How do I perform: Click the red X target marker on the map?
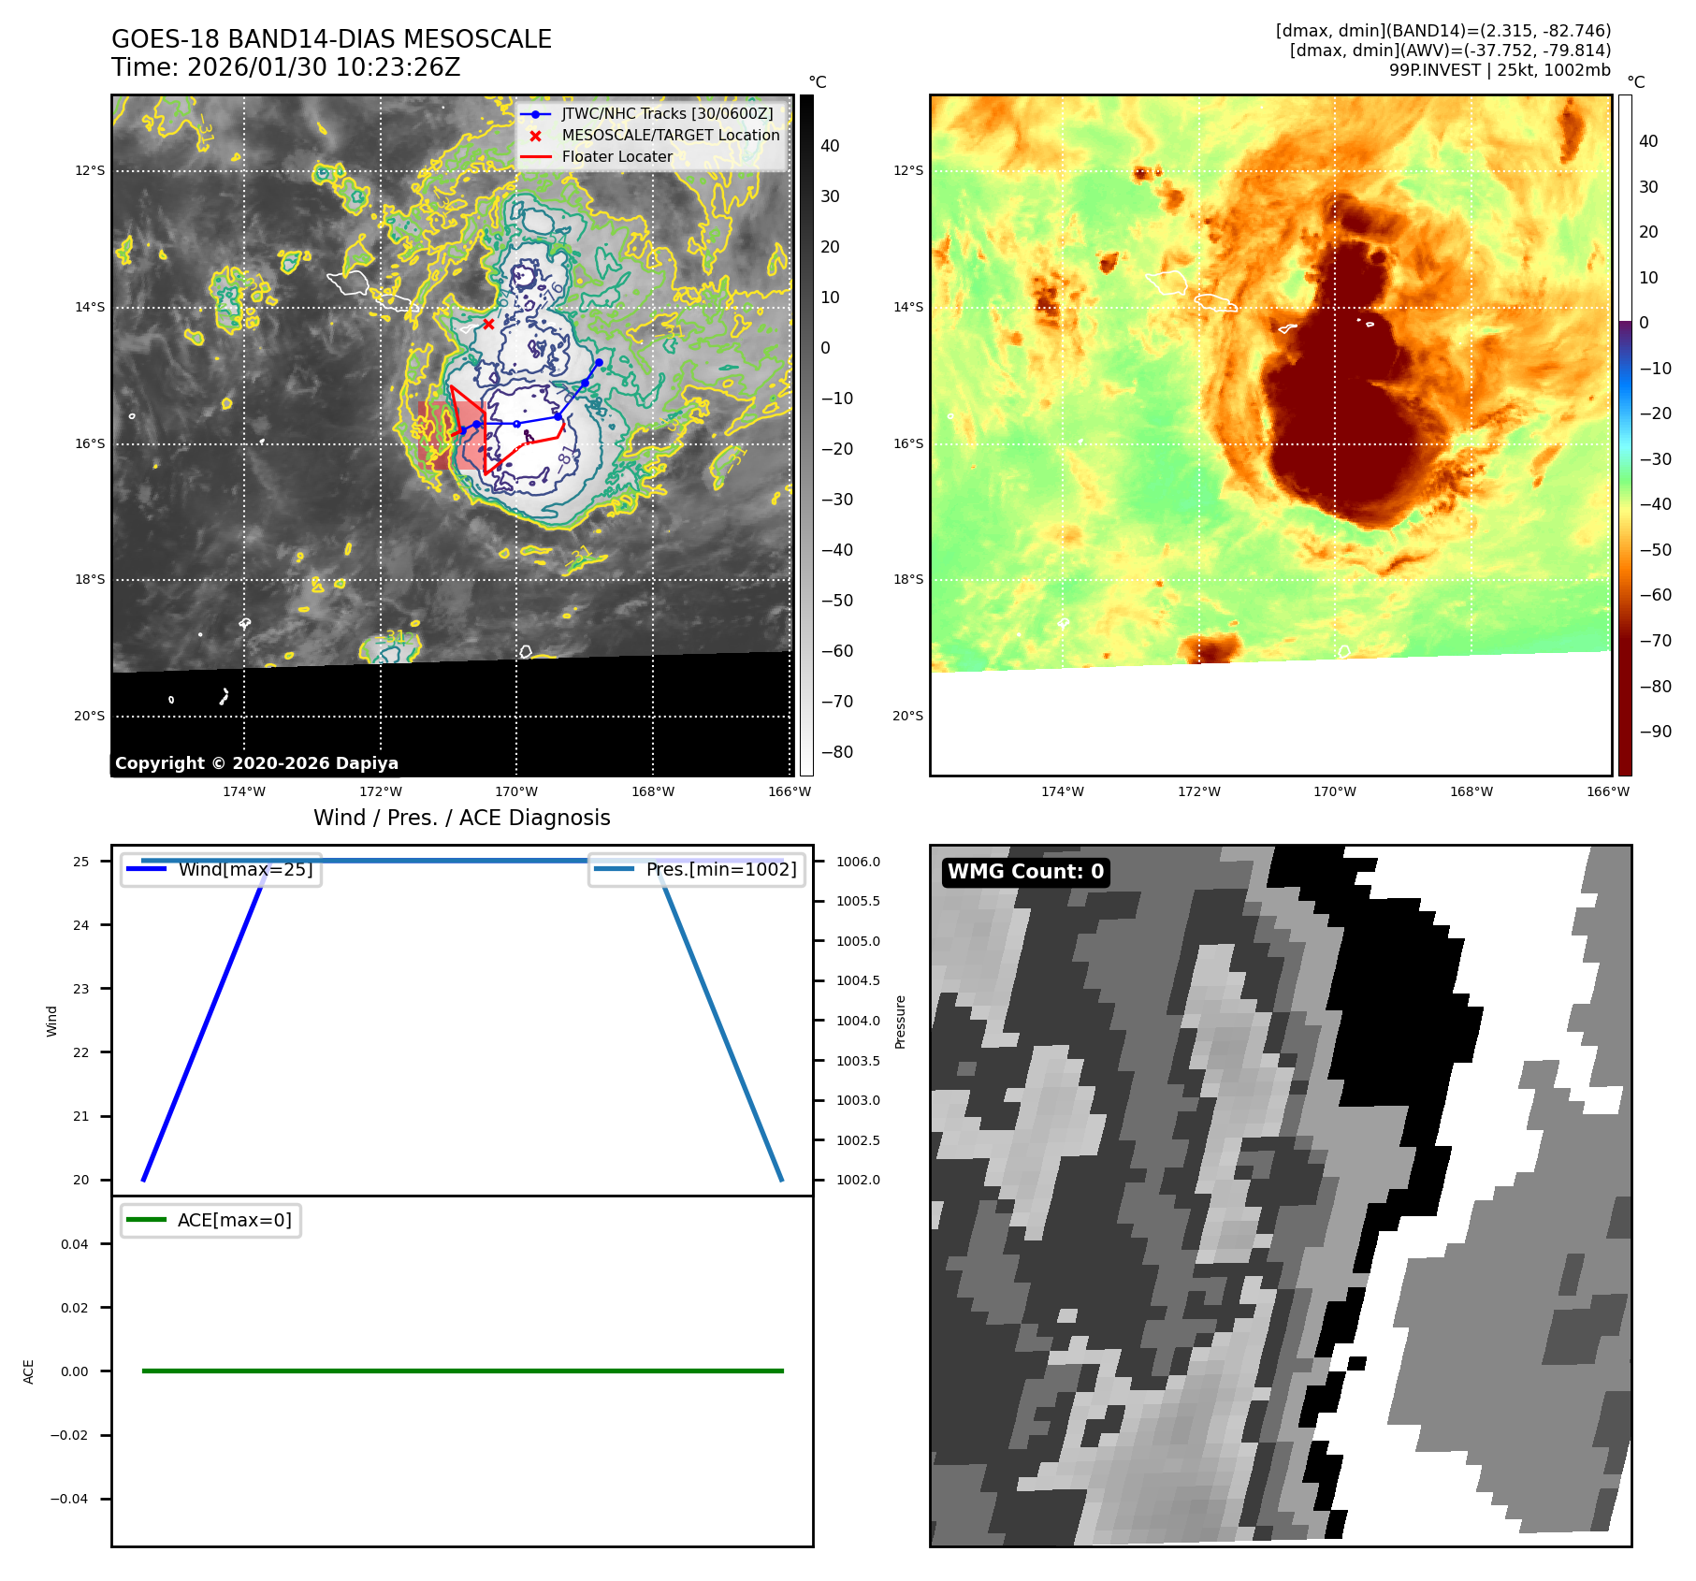click(x=488, y=324)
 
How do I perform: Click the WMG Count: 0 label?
click(x=1025, y=872)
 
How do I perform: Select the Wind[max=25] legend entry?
click(x=245, y=869)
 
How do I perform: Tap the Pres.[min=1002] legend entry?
click(x=720, y=869)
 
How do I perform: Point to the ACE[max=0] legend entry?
click(x=234, y=1220)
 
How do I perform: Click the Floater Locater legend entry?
click(x=616, y=157)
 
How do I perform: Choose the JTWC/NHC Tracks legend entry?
click(x=667, y=113)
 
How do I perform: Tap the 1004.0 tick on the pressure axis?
click(x=858, y=1021)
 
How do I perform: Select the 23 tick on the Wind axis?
click(x=81, y=989)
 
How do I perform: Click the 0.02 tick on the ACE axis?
click(x=75, y=1308)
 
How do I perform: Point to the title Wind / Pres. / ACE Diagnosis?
click(x=461, y=818)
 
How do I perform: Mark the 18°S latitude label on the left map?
click(x=90, y=580)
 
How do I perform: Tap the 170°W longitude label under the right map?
click(x=1334, y=791)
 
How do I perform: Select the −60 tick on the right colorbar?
click(x=1655, y=595)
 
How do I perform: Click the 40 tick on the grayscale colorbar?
click(x=830, y=146)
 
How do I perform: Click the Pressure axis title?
click(x=900, y=1022)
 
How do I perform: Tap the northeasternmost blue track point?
click(x=599, y=362)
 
